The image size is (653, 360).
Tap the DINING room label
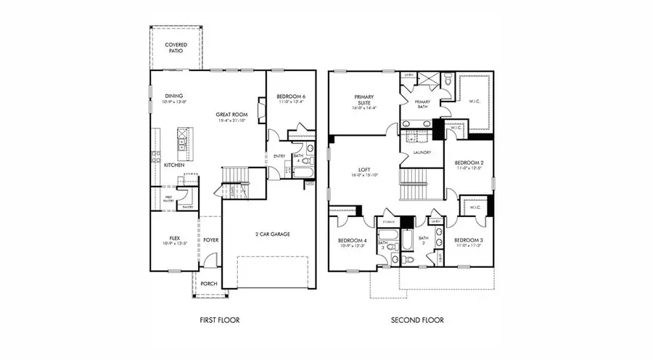[173, 96]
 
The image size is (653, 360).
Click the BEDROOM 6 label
[290, 97]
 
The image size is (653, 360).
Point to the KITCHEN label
[173, 165]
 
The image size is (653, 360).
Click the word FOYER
[210, 240]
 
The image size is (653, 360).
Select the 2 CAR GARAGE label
[268, 234]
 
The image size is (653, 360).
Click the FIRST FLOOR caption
[219, 319]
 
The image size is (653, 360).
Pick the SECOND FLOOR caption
[417, 319]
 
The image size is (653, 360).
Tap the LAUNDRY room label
[422, 152]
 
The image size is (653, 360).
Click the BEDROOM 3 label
[469, 240]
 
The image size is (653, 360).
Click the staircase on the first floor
[236, 176]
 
